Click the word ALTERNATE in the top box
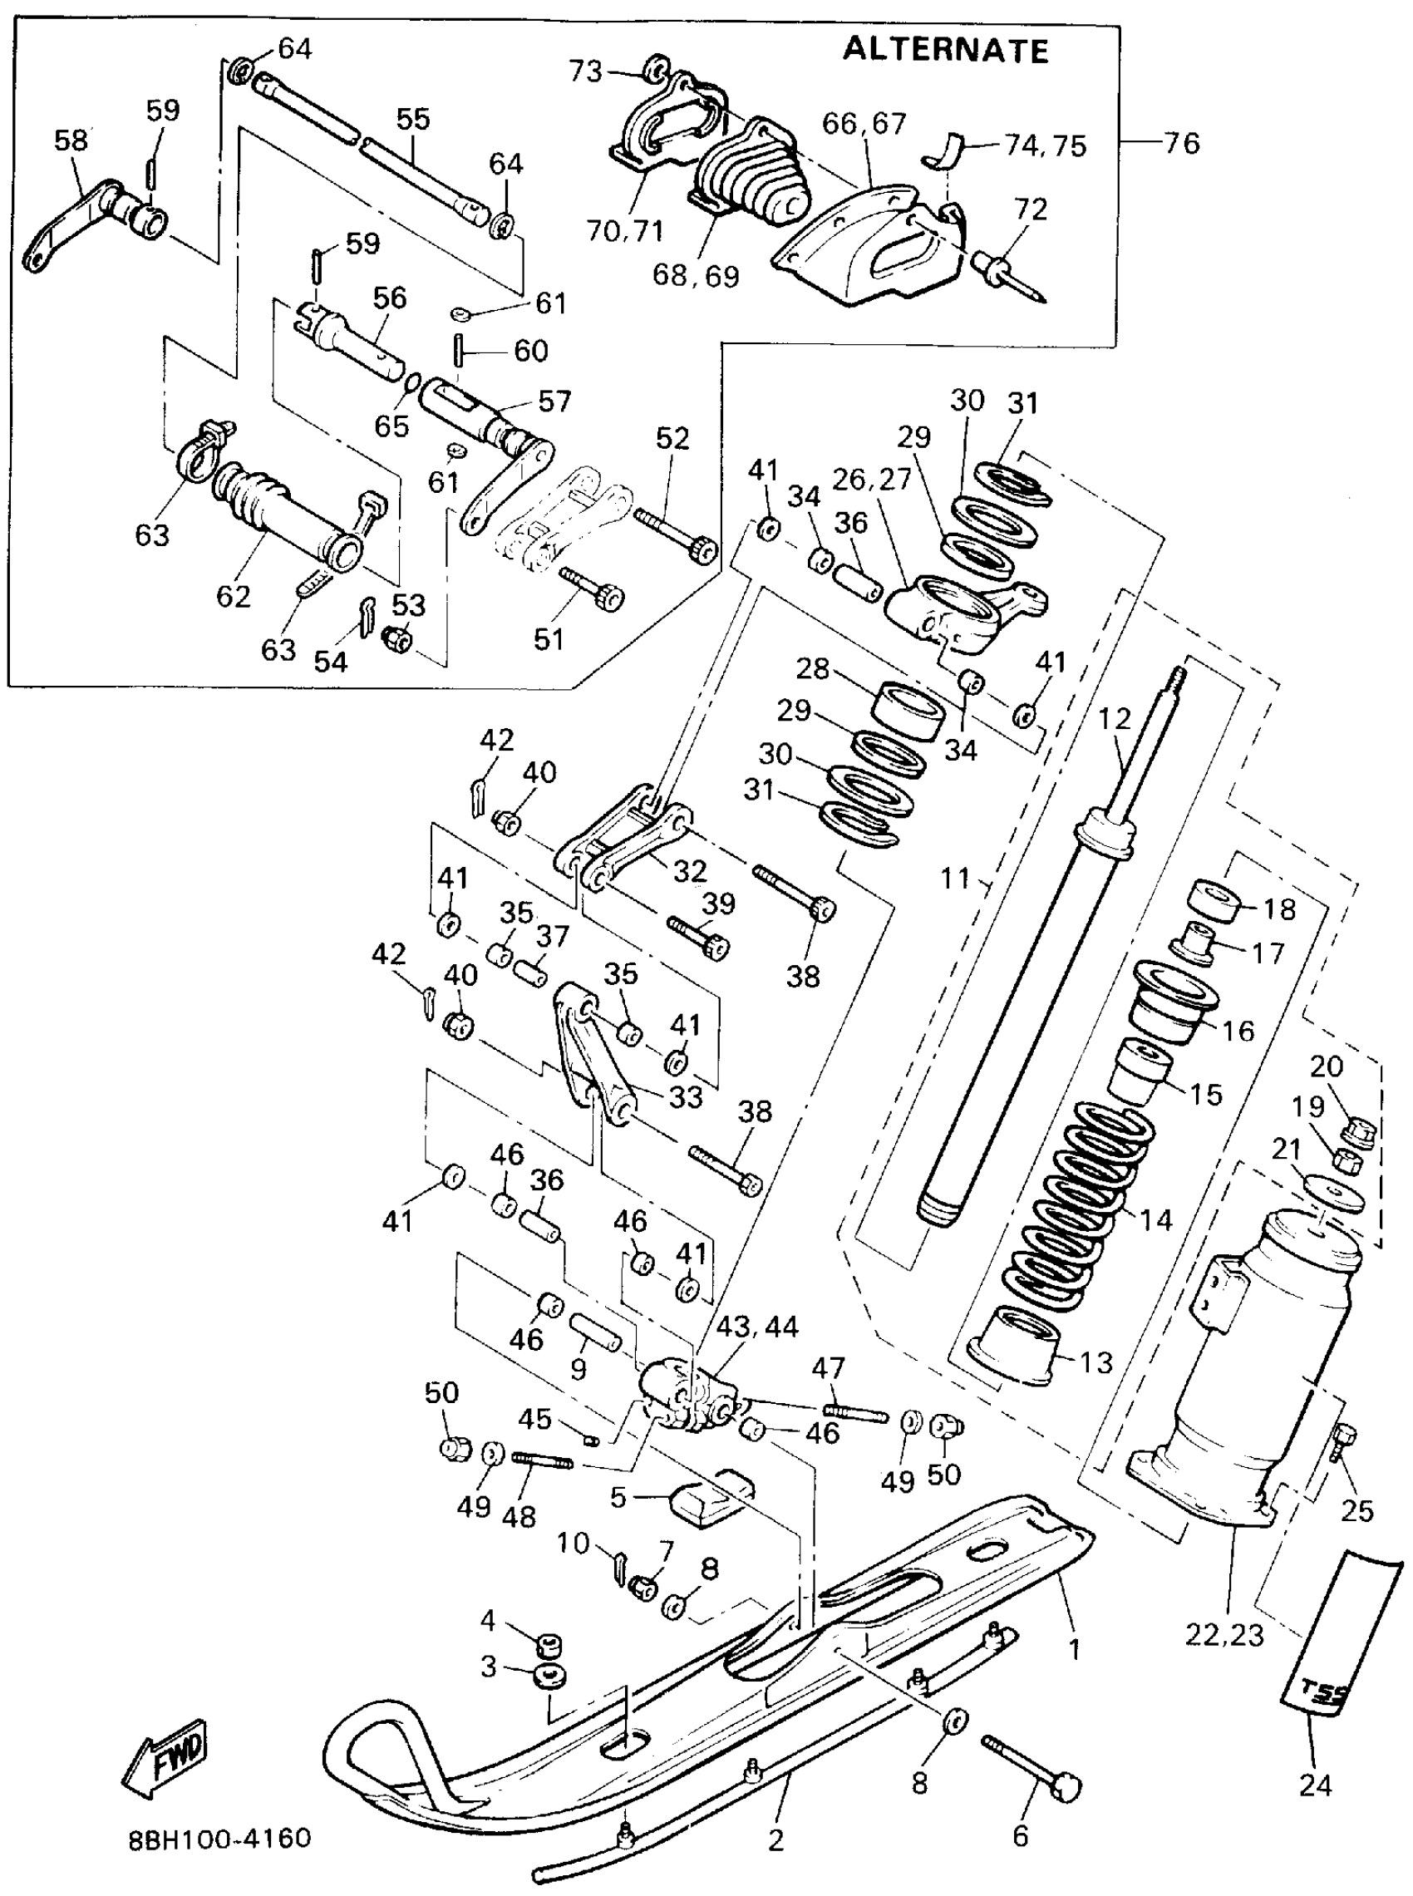pos(945,51)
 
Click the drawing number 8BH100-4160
pos(219,1838)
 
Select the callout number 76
pos(1182,143)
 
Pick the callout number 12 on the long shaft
pos(1115,719)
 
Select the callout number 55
pos(413,119)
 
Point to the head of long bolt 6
pos(1067,1787)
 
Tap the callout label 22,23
pos(1224,1634)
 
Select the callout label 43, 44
pos(757,1327)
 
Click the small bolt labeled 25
pos(1343,1443)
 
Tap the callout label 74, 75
pos(1046,146)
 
